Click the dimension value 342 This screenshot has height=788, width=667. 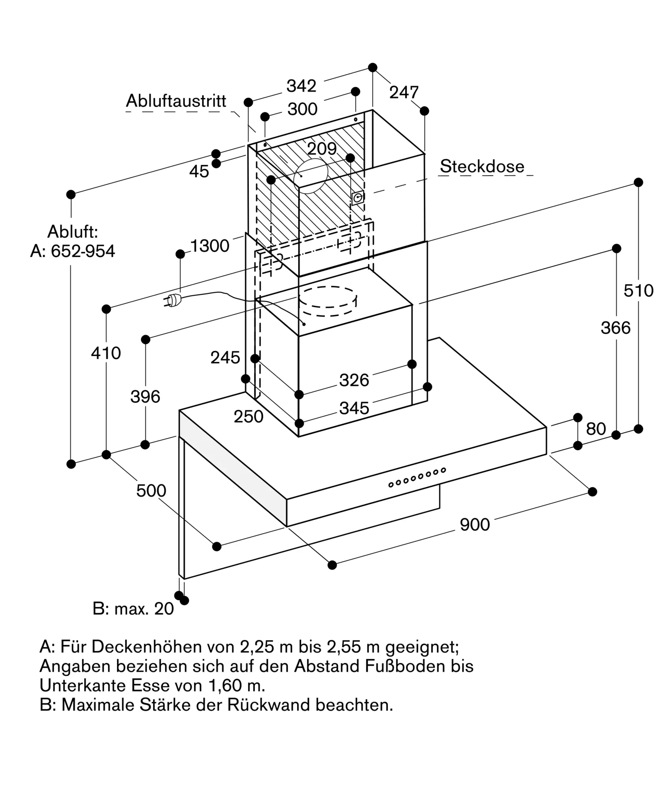pos(301,86)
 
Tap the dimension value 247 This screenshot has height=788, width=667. pos(404,93)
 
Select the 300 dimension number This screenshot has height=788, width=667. pos(302,109)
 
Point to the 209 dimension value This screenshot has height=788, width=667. pos(322,149)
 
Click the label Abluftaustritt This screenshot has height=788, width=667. pos(176,101)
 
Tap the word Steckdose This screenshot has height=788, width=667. pos(482,166)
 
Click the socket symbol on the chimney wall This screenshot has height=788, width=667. pos(358,198)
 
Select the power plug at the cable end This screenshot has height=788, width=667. pos(173,301)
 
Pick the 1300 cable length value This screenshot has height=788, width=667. pos(210,246)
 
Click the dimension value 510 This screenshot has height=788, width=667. pos(639,291)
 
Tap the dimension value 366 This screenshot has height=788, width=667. pos(616,328)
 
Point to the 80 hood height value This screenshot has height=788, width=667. pos(596,429)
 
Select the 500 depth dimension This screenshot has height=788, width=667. pos(151,491)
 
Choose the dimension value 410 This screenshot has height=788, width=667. pos(106,353)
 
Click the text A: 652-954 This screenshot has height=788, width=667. pos(73,251)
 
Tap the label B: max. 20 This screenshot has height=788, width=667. pos(133,609)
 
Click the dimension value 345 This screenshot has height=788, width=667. pos(354,408)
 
